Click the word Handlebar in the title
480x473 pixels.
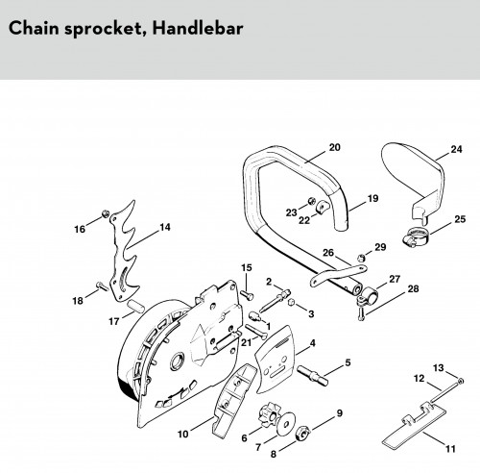[x=198, y=28]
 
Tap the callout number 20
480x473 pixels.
[x=334, y=147]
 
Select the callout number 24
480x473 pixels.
[x=456, y=149]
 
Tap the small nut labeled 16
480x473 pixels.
[x=105, y=213]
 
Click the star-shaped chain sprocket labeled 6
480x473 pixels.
[x=268, y=415]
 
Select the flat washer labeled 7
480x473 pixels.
[x=286, y=423]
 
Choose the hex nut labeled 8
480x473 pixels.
[x=302, y=434]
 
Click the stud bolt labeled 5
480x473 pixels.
[x=313, y=375]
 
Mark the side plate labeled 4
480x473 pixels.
[x=275, y=360]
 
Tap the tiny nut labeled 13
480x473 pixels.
[x=461, y=381]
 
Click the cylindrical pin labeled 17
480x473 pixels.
[x=135, y=307]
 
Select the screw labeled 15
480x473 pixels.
[x=247, y=295]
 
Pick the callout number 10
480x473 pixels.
[x=183, y=435]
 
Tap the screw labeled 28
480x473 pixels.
[x=361, y=313]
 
